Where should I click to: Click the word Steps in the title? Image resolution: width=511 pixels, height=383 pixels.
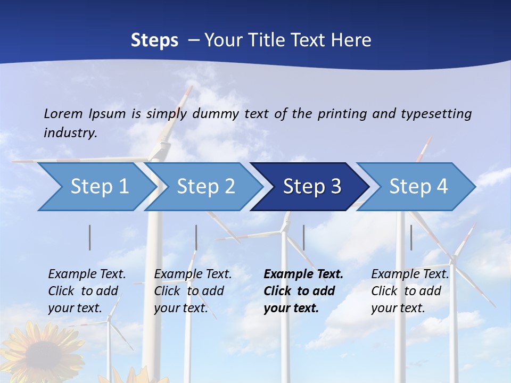[x=154, y=40]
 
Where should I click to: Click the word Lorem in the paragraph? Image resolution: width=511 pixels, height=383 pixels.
[x=63, y=113]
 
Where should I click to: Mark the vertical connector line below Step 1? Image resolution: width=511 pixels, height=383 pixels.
[x=90, y=237]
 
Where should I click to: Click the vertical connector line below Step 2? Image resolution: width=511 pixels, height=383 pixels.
[x=196, y=237]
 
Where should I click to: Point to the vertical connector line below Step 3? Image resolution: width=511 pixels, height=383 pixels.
[x=304, y=237]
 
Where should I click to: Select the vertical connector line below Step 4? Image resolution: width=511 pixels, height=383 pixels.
[x=411, y=237]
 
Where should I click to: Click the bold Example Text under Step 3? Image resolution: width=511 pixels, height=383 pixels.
[x=303, y=274]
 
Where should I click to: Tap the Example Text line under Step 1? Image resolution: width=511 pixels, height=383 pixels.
[x=87, y=274]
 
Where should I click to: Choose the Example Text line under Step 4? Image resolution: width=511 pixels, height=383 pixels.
[x=410, y=274]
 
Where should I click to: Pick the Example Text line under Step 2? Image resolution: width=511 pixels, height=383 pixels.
[x=193, y=274]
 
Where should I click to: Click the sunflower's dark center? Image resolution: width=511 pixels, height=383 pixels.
[x=40, y=357]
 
